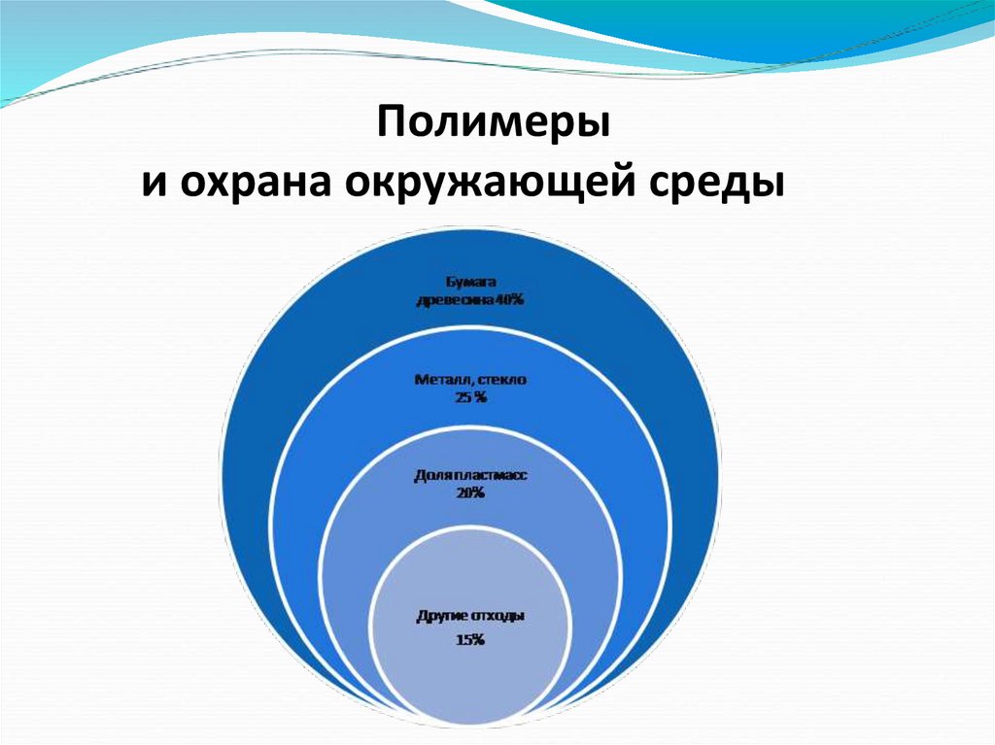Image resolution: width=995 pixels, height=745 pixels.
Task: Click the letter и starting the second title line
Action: pyautogui.click(x=153, y=184)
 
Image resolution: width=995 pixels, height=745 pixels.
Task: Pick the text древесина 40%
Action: pyautogui.click(x=470, y=301)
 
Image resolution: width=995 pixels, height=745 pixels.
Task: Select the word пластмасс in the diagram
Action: pyautogui.click(x=493, y=476)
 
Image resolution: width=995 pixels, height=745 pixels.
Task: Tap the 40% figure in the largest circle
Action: pyautogui.click(x=510, y=301)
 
